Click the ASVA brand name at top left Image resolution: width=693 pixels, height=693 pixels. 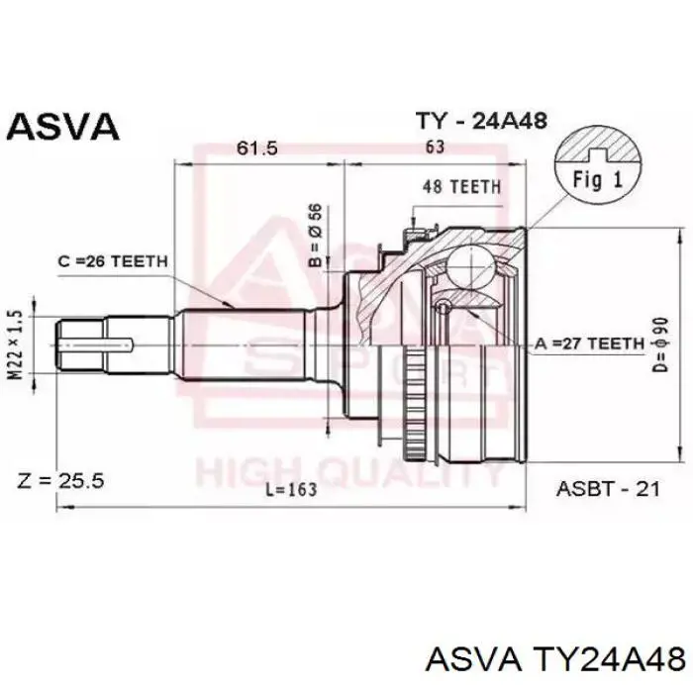click(63, 127)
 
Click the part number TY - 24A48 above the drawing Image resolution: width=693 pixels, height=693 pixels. click(482, 120)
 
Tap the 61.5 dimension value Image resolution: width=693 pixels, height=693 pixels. click(257, 148)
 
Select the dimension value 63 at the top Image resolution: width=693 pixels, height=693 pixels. click(435, 147)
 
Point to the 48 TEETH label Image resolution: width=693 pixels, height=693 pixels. click(461, 187)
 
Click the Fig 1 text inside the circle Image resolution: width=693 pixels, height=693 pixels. click(598, 180)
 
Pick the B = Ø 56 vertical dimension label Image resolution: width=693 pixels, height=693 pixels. click(317, 236)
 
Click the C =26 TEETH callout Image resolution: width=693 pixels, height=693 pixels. click(113, 261)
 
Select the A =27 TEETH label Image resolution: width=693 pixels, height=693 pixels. click(590, 344)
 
